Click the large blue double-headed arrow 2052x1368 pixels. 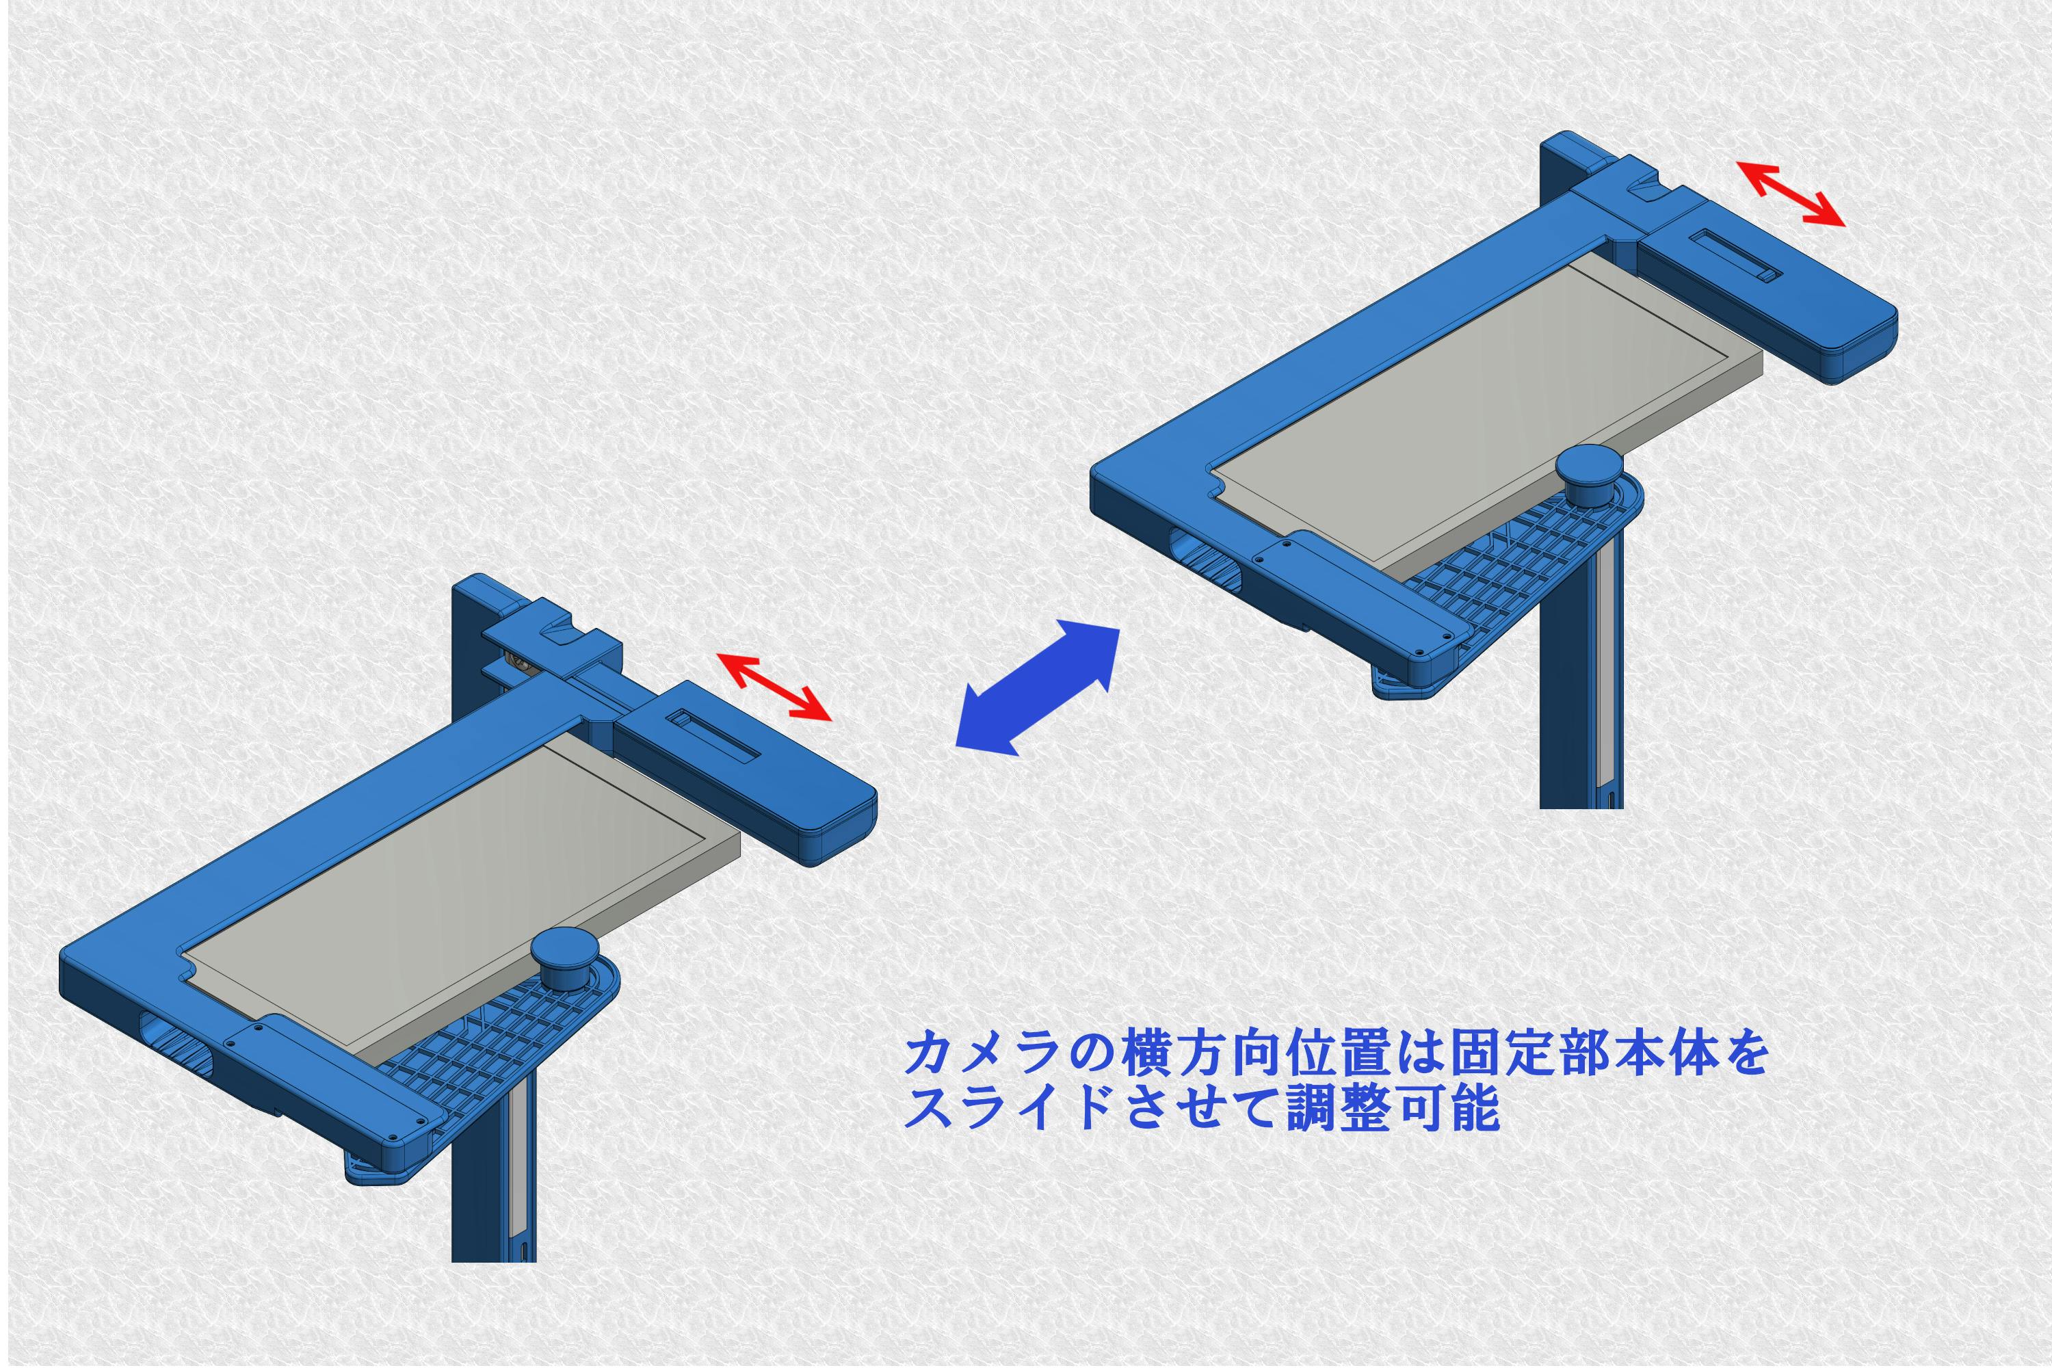[x=1038, y=687]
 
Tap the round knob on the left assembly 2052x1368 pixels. [x=564, y=957]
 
